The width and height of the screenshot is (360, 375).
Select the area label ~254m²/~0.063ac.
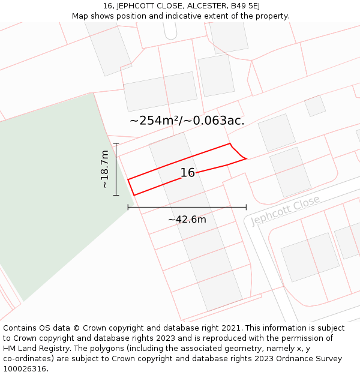pos(187,121)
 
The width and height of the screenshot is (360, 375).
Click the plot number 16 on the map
pos(188,173)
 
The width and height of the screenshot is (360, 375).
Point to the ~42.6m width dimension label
pos(187,220)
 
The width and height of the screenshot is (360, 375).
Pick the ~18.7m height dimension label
pos(105,169)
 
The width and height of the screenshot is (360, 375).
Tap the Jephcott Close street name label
pos(284,211)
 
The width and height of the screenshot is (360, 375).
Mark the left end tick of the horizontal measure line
pos(128,207)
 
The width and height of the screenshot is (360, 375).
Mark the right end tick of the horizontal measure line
pos(246,207)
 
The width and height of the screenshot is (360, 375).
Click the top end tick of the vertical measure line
pos(116,143)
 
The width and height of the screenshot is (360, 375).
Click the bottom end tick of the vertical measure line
pos(116,195)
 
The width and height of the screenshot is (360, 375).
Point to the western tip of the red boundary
pos(128,179)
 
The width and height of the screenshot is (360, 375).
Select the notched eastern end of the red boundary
pos(239,154)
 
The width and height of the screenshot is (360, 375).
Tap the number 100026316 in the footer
pos(25,369)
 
